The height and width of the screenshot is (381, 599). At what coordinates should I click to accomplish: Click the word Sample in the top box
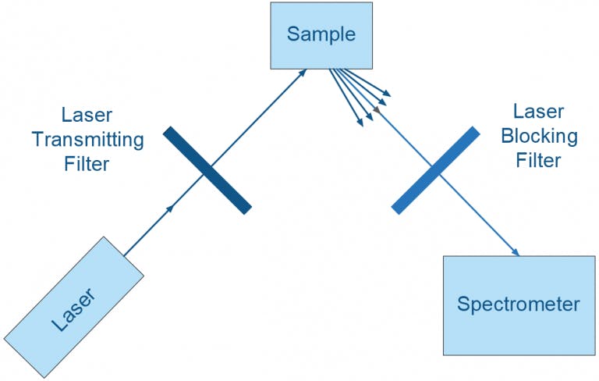pyautogui.click(x=321, y=34)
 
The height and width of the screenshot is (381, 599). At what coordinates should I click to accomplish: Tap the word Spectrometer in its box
pyautogui.click(x=518, y=304)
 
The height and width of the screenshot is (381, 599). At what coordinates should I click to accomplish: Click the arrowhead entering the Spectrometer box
pyautogui.click(x=516, y=252)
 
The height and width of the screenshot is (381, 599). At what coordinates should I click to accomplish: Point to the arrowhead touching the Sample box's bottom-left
pyautogui.click(x=304, y=71)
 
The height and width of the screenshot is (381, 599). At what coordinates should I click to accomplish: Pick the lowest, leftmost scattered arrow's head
pyautogui.click(x=360, y=122)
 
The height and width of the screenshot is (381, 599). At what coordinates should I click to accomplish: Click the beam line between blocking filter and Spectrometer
pyautogui.click(x=480, y=215)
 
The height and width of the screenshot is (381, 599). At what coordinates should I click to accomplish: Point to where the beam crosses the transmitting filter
pyautogui.click(x=207, y=170)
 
